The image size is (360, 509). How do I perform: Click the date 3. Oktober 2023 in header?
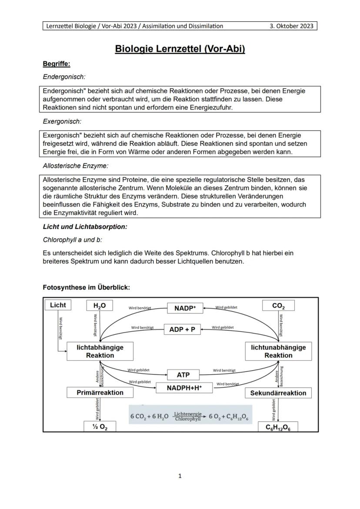291,26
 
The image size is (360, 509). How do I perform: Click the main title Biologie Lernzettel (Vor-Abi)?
180,49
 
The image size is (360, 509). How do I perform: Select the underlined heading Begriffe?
56,64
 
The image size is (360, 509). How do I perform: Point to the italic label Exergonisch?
62,121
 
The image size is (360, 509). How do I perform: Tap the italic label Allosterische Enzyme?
76,166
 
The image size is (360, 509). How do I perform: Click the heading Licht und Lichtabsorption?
85,227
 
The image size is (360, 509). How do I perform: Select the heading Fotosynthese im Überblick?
87,287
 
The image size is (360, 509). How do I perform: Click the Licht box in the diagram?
58,305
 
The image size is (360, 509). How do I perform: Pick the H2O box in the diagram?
100,306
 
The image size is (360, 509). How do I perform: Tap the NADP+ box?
185,308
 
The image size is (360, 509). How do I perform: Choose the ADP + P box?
182,329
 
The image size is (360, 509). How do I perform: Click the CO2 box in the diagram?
278,306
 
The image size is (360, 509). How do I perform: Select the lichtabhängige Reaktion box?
100,351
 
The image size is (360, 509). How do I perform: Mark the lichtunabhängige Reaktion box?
278,351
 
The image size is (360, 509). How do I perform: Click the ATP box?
183,375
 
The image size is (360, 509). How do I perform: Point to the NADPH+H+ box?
184,387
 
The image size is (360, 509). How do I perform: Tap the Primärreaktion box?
100,393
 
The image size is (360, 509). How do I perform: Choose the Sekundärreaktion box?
278,393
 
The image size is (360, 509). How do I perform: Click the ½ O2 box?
100,427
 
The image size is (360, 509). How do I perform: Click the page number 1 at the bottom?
180,476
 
